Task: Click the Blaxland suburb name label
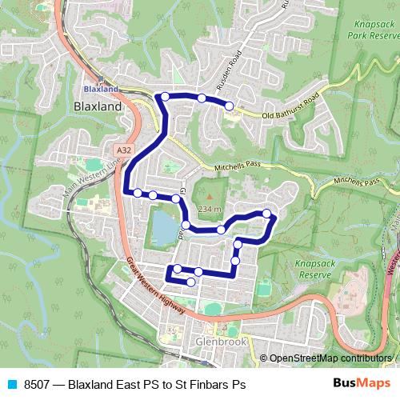coord(97,106)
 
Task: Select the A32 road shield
coord(122,150)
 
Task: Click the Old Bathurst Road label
coord(290,107)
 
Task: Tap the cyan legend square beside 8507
coord(10,384)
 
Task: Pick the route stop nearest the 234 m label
coord(221,230)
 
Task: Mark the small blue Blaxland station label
coord(101,89)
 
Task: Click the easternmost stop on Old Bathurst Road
coord(229,106)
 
